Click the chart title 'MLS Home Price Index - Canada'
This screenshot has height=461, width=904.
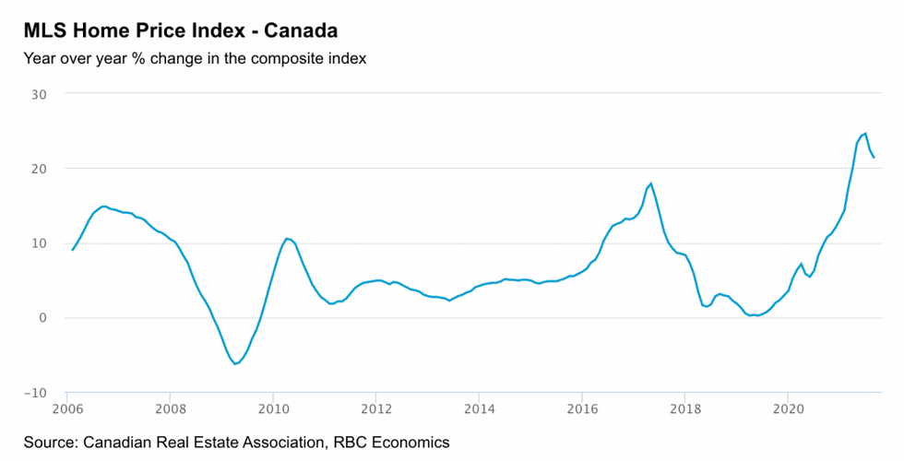(181, 30)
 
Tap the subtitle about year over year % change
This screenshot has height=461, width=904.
(196, 60)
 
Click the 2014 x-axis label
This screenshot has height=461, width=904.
(478, 408)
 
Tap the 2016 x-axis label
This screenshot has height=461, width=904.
(581, 408)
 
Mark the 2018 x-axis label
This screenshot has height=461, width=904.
(684, 408)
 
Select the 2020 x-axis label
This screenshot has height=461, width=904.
(787, 408)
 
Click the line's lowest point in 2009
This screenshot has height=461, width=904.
(235, 364)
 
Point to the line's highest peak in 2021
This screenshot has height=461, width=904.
(864, 134)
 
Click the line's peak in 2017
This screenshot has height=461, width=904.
(651, 183)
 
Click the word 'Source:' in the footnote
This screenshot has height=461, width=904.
(51, 443)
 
